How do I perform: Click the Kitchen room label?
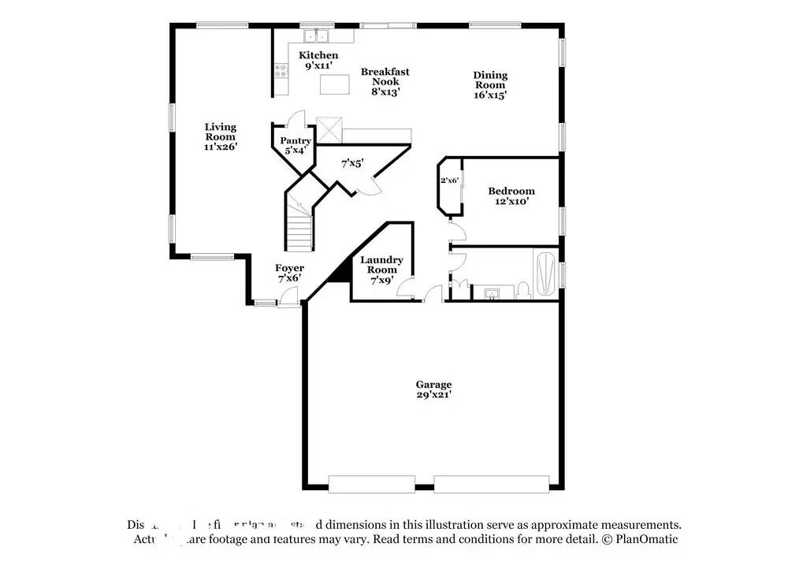coord(318,55)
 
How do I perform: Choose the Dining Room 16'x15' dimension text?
coord(489,95)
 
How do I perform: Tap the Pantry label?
coord(295,141)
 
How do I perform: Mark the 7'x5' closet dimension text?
coord(351,164)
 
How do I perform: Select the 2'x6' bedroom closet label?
coord(449,180)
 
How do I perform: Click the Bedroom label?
coord(511,191)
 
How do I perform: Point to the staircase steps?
coord(299,229)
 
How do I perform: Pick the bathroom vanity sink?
coord(492,294)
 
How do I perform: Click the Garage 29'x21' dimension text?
coord(433,395)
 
